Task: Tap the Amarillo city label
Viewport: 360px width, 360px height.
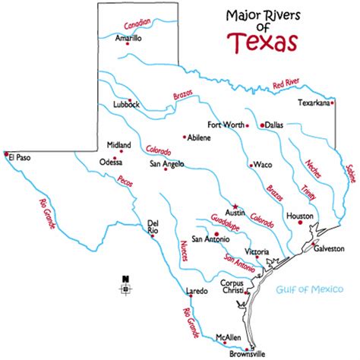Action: pyautogui.click(x=128, y=36)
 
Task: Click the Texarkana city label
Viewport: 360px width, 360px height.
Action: pyautogui.click(x=315, y=101)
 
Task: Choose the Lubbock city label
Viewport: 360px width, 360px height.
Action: pyautogui.click(x=125, y=106)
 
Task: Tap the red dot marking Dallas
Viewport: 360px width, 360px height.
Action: pyautogui.click(x=261, y=124)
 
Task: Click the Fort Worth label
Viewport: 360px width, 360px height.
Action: pyautogui.click(x=225, y=125)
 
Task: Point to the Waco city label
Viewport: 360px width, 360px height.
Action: pyautogui.click(x=262, y=165)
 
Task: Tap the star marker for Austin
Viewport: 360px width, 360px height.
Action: pyautogui.click(x=235, y=206)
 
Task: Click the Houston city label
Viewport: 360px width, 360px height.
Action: pyautogui.click(x=299, y=216)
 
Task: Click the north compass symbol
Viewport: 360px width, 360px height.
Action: pyautogui.click(x=125, y=287)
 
